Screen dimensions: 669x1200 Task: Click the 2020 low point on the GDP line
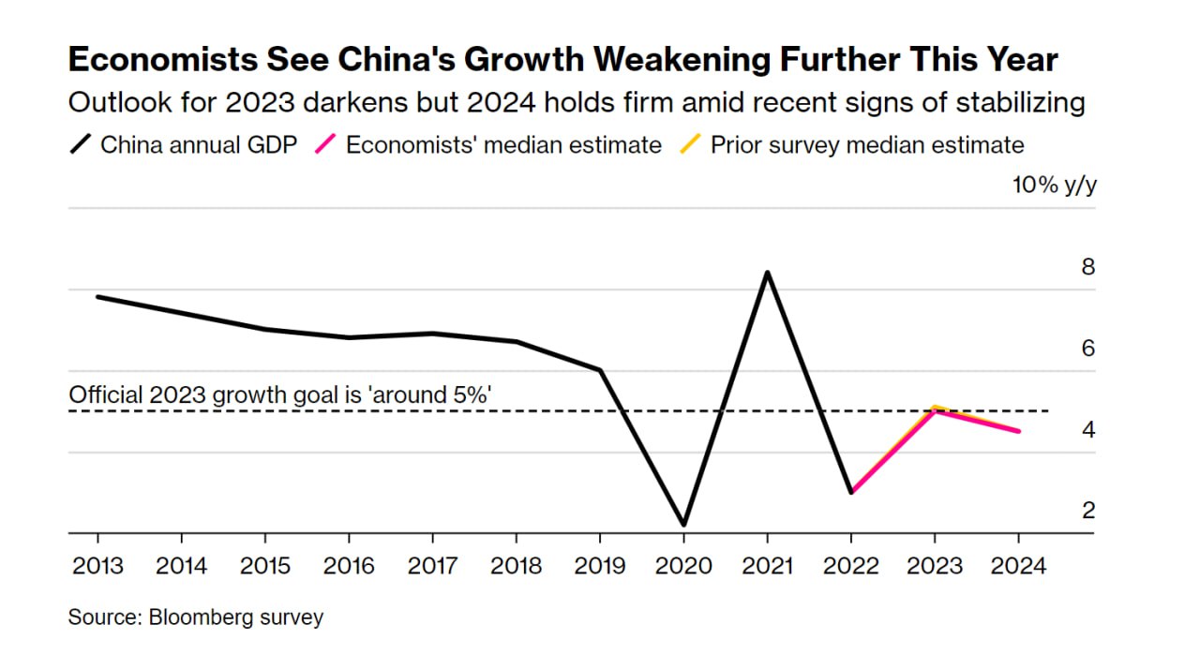[x=683, y=525]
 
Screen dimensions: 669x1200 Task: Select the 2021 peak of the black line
[x=768, y=273]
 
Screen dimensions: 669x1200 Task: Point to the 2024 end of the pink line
[x=1018, y=431]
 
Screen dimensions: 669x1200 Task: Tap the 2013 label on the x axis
[x=97, y=566]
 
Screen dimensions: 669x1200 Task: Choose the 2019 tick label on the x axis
[x=599, y=566]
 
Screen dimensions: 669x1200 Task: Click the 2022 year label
[x=850, y=566]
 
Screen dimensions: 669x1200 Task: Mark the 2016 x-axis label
[x=349, y=566]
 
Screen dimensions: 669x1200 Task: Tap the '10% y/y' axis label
[x=1055, y=185]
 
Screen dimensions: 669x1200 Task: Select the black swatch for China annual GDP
[x=82, y=145]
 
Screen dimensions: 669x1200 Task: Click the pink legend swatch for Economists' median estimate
[x=326, y=145]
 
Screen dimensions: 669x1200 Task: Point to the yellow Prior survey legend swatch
[x=690, y=145]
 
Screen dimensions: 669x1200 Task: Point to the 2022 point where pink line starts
[x=850, y=492]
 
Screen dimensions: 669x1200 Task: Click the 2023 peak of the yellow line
[x=934, y=407]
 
